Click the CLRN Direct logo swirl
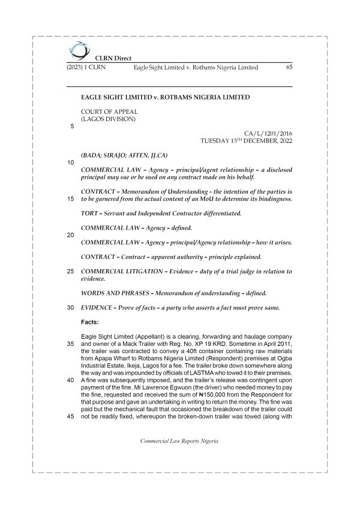click(77, 50)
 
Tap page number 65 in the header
click(289, 68)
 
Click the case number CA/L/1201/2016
click(268, 134)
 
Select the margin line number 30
click(70, 308)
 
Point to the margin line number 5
click(72, 127)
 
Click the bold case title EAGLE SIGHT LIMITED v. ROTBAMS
click(165, 97)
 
